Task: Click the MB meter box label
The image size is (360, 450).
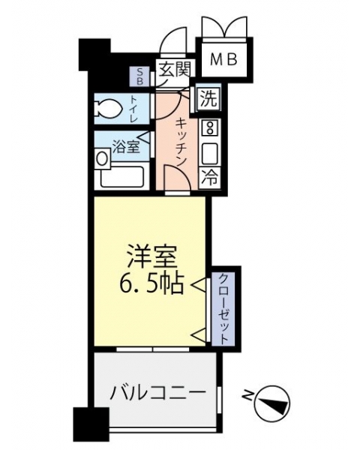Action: point(223,60)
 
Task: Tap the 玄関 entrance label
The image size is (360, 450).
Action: point(175,70)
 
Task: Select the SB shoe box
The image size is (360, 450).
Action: point(139,76)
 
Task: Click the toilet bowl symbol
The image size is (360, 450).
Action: point(109,109)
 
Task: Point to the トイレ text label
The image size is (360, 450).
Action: point(134,109)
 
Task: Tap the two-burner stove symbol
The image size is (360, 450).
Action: point(210,128)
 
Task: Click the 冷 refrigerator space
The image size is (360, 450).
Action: point(210,177)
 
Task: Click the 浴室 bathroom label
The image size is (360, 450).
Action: point(126,146)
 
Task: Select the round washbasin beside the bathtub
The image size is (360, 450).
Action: point(102,158)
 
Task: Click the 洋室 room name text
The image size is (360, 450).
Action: point(151,256)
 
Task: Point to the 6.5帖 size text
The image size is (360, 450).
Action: point(151,283)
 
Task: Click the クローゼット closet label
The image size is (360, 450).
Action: point(223,308)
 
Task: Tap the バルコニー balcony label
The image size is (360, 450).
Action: point(158,392)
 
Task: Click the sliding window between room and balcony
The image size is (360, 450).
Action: point(153,349)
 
